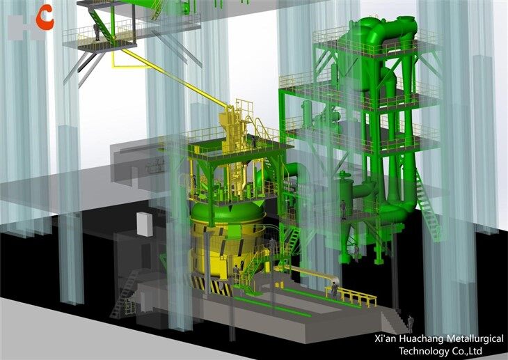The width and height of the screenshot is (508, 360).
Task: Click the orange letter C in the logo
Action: pyautogui.click(x=44, y=17)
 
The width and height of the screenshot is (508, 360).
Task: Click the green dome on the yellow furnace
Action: pyautogui.click(x=226, y=212)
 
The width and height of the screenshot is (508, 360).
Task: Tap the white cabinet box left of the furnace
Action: pyautogui.click(x=143, y=224)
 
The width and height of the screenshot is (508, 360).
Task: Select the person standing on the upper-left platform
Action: pyautogui.click(x=96, y=32)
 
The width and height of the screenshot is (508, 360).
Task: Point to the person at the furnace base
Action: pyautogui.click(x=237, y=273)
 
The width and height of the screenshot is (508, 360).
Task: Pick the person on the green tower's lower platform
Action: pyautogui.click(x=343, y=208)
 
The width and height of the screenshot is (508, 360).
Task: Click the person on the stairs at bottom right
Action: pyautogui.click(x=411, y=322)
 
